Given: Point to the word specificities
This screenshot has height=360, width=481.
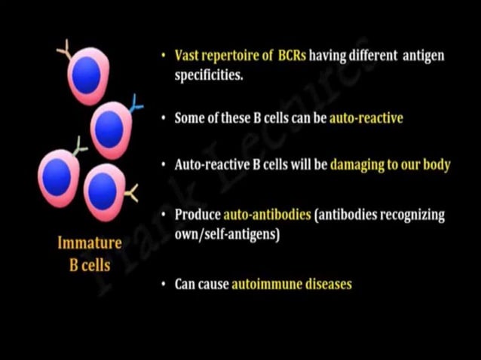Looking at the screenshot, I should (210, 75).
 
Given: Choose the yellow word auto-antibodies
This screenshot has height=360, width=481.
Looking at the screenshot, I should (267, 215).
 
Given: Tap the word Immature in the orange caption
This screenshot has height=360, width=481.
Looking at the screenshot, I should (90, 243).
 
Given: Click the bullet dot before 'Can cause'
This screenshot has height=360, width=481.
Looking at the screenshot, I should (164, 285).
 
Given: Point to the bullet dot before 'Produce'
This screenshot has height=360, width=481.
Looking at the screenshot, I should (164, 215).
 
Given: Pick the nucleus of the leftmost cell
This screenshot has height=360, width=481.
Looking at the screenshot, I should (57, 175).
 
